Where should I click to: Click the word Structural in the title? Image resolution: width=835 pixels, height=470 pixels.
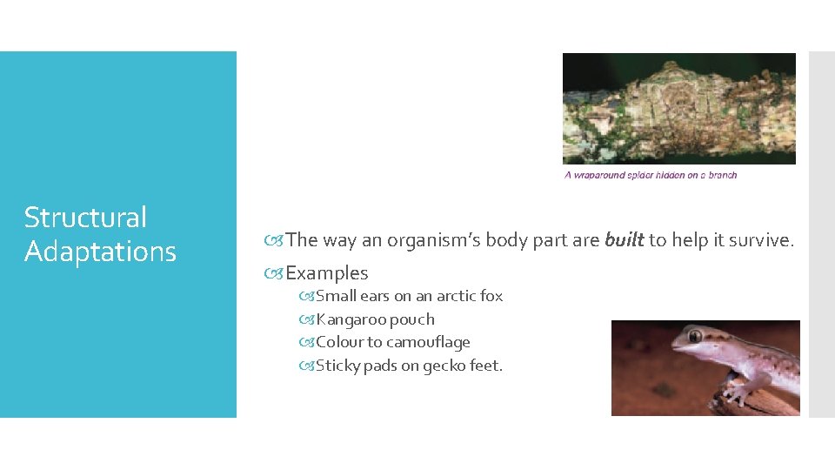(85, 218)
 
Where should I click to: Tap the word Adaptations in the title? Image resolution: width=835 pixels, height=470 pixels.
(100, 252)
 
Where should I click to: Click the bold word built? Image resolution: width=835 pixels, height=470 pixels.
(624, 239)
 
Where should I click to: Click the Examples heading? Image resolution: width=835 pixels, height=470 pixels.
(327, 273)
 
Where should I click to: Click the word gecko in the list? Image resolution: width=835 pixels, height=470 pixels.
(444, 366)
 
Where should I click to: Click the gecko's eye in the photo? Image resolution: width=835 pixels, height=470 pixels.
(694, 336)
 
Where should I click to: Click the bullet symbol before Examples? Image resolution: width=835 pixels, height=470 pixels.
(277, 273)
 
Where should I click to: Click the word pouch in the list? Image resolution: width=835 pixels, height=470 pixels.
(412, 319)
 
